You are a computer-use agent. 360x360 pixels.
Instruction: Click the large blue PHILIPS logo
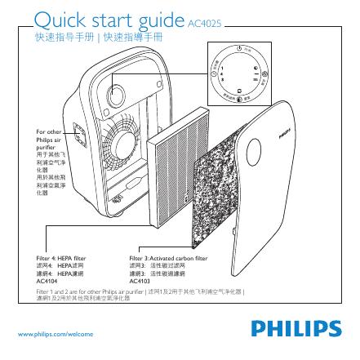point(296,330)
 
